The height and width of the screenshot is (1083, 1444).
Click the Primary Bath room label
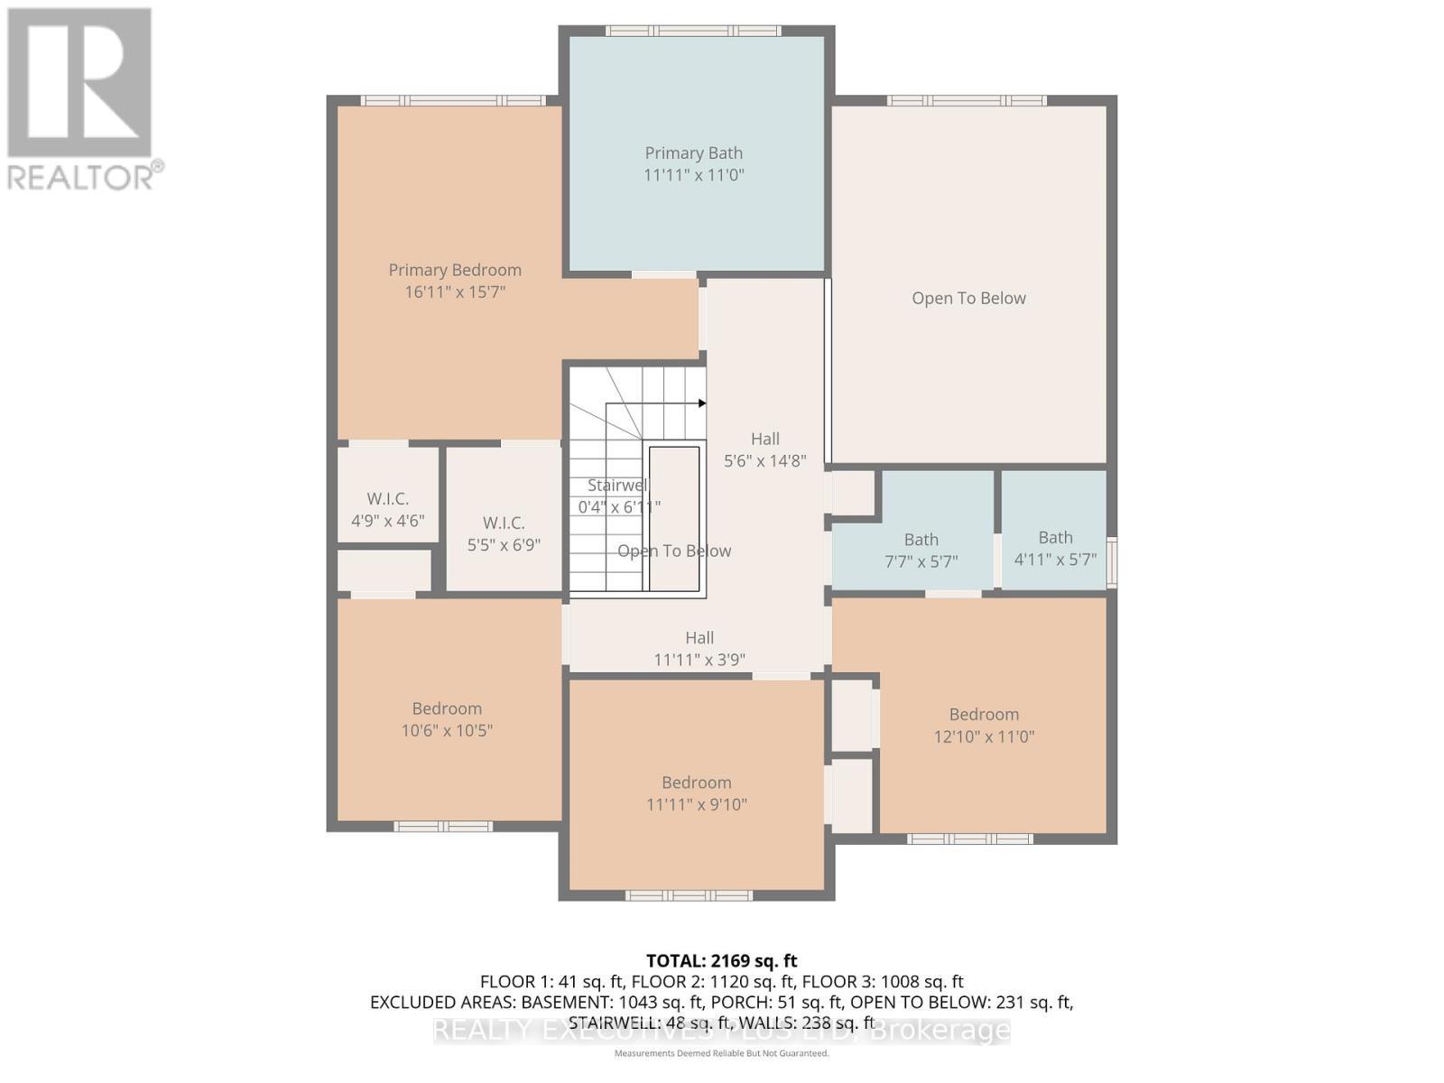693,153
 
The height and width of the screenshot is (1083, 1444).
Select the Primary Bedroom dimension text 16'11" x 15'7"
455,292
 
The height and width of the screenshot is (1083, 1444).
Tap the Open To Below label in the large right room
968,299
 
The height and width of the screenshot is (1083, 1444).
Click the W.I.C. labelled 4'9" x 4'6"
387,510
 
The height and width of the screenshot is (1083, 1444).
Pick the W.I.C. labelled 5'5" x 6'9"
504,534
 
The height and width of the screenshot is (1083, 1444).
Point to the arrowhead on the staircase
702,403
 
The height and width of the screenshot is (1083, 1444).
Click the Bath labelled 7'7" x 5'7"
921,551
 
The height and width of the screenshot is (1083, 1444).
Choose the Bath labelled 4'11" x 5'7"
1055,549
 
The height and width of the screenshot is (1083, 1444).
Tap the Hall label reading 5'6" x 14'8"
764,449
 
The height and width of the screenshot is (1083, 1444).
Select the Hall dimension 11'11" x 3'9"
699,660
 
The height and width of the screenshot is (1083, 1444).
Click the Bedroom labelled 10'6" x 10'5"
447,719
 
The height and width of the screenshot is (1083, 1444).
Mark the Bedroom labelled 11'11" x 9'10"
696,793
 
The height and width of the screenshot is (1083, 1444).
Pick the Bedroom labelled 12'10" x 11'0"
984,725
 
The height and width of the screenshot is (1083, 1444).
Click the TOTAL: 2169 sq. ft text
721,961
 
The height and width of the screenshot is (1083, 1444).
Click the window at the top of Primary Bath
692,31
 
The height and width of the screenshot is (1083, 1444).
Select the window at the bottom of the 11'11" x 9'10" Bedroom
690,895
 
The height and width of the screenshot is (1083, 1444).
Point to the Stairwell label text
617,486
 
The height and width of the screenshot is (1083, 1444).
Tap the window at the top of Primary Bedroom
453,100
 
